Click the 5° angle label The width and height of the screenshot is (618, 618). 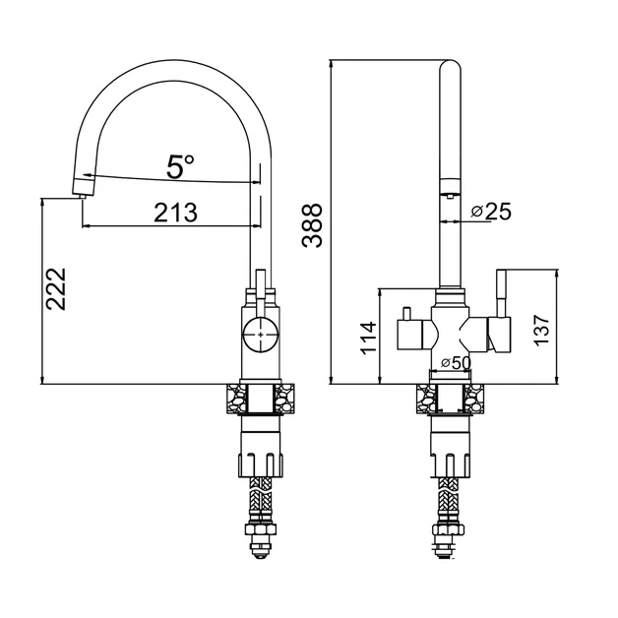click(180, 166)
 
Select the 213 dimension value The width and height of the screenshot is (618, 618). click(175, 213)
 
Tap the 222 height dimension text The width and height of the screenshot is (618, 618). click(56, 289)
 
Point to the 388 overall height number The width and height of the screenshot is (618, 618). click(312, 225)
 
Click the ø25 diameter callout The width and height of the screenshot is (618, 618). click(491, 212)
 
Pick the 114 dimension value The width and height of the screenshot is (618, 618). click(369, 338)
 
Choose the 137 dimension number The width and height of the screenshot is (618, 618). click(541, 331)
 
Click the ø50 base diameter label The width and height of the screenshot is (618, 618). click(456, 363)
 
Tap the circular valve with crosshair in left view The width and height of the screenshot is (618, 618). click(261, 335)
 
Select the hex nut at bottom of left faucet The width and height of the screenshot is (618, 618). click(261, 529)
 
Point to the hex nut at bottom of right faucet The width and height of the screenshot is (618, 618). click(448, 529)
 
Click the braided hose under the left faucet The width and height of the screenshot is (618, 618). click(261, 500)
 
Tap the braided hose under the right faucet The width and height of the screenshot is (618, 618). click(448, 500)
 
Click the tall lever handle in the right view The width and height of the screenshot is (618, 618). click(501, 292)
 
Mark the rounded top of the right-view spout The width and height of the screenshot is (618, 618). click(450, 67)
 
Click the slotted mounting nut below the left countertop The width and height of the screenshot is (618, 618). click(261, 465)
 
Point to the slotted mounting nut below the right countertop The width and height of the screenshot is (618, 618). click(449, 465)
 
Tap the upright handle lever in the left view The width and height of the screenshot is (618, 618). click(261, 292)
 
